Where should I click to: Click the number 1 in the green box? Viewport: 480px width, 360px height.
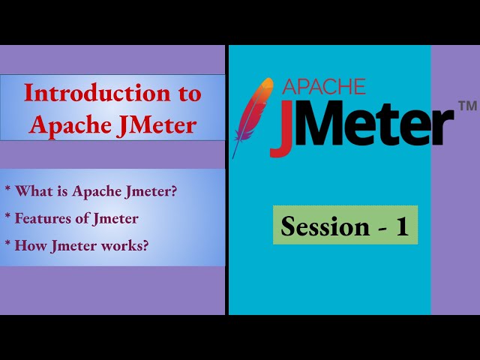point(402,226)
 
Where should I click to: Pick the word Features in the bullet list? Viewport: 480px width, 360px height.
point(42,218)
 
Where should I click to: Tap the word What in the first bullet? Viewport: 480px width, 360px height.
point(31,191)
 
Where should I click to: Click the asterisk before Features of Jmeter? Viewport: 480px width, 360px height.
point(7,218)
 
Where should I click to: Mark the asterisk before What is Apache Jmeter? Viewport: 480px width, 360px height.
point(7,191)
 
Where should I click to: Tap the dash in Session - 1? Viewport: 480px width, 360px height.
point(380,227)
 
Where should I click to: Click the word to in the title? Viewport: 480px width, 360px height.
point(190,94)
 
